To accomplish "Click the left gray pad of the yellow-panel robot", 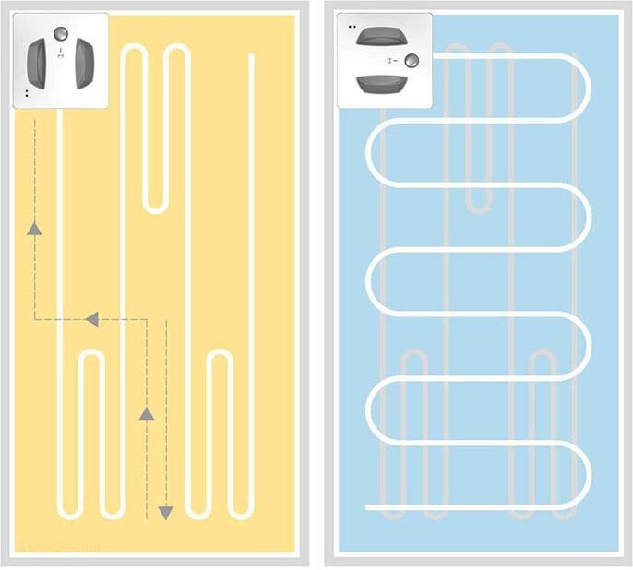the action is click(x=39, y=63).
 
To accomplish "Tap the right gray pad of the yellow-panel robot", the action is click(x=83, y=63).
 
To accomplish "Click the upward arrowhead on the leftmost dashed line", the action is click(x=35, y=229).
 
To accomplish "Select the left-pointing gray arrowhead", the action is click(x=90, y=319).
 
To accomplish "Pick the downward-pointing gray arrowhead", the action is click(x=166, y=511).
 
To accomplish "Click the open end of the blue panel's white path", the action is click(x=368, y=507).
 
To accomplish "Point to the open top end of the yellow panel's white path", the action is click(x=252, y=56).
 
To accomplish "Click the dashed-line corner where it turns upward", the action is click(x=35, y=319).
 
